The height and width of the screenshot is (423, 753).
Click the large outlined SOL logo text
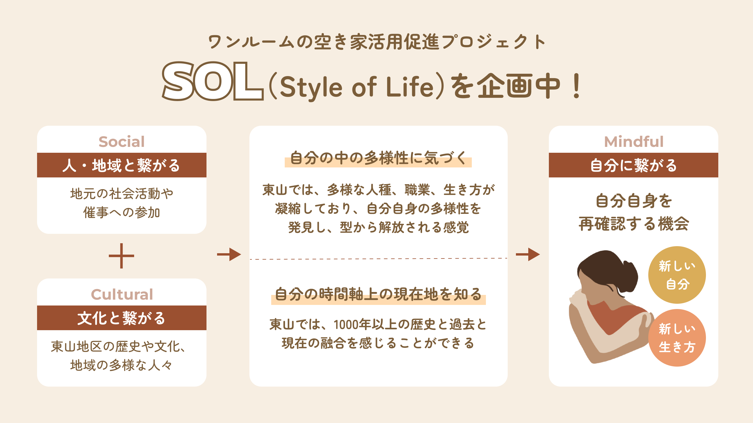coord(212,81)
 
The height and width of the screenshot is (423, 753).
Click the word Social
coord(122,142)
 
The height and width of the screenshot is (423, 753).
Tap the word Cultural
coord(122,294)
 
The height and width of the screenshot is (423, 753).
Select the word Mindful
coord(634,142)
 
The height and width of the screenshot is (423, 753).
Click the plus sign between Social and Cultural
coord(121,256)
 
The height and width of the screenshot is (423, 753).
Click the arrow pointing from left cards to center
coord(229,254)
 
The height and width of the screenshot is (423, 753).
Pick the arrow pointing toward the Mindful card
coord(528,254)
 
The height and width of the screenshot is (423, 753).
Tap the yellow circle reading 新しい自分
coord(677,275)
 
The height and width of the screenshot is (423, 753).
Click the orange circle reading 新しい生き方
coord(677,338)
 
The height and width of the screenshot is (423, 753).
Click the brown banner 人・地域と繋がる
coord(122,165)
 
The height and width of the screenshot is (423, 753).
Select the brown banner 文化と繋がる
coord(122,318)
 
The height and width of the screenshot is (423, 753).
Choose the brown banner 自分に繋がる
coord(634,165)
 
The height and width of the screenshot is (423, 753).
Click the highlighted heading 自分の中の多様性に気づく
coord(378,159)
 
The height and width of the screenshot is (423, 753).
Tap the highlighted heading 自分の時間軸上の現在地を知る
coord(378,295)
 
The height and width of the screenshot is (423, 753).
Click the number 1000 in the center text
coord(346,325)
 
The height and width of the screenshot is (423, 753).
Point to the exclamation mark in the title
coord(577,86)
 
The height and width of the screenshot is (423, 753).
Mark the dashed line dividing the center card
coord(379,259)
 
